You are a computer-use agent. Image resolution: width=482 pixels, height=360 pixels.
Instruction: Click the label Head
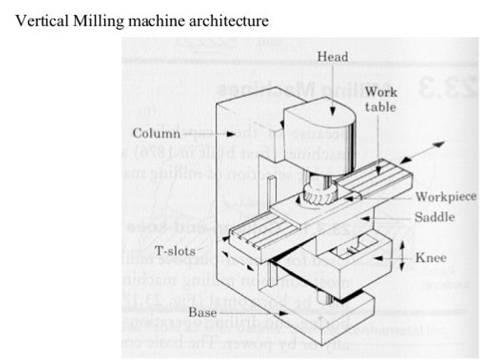click(x=332, y=57)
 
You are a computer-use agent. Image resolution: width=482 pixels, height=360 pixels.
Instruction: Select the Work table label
click(x=381, y=100)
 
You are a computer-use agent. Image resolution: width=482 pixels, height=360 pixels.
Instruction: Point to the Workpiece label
click(x=445, y=197)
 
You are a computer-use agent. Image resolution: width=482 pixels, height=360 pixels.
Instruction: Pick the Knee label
click(x=431, y=256)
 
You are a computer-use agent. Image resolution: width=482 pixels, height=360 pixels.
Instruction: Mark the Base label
click(x=203, y=312)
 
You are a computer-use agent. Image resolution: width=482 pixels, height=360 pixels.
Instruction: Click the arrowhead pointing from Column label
click(x=209, y=133)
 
